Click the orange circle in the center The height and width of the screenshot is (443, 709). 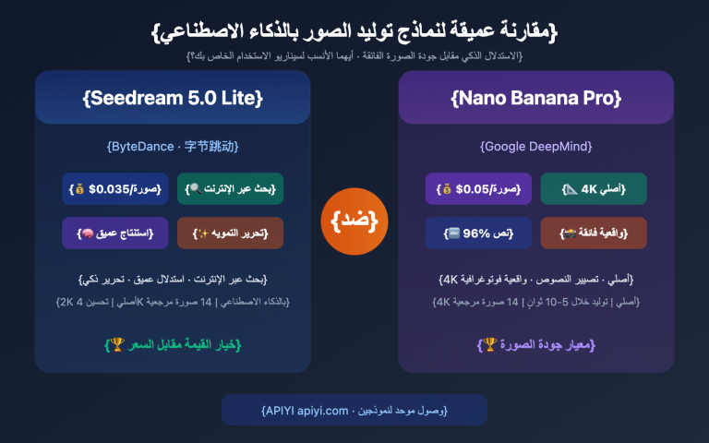(x=354, y=221)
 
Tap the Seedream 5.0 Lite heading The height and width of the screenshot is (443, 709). (x=173, y=98)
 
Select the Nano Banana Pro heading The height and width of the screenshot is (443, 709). (x=535, y=98)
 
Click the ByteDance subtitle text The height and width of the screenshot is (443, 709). (x=173, y=146)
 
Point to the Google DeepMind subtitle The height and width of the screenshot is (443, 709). (x=535, y=146)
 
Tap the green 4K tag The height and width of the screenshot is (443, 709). (x=594, y=188)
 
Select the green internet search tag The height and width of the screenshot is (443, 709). (x=231, y=188)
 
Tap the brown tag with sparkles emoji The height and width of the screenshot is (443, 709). (x=231, y=233)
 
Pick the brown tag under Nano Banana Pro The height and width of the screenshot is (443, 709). (x=594, y=233)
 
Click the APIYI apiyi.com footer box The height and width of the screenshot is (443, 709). (x=354, y=410)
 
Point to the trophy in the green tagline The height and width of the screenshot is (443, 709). (x=116, y=344)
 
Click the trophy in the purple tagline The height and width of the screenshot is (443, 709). (x=487, y=344)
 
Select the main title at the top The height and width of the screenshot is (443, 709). (x=354, y=30)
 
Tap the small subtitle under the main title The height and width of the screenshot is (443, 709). (x=354, y=56)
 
